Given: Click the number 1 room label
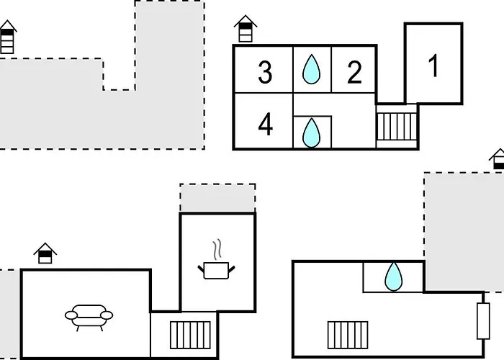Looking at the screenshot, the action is [433, 66].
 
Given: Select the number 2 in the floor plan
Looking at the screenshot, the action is [354, 73].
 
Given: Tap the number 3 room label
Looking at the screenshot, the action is [265, 73].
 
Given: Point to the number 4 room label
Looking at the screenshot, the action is [266, 124].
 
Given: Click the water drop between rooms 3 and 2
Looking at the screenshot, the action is [311, 69].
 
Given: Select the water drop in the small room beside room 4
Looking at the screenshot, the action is [311, 132].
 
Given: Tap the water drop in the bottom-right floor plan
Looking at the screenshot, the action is [393, 276].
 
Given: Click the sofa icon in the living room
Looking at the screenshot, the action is [89, 318].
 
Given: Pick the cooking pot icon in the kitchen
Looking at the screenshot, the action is [216, 270].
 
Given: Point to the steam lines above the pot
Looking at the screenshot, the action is [217, 249].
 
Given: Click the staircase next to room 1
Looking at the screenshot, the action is [397, 126].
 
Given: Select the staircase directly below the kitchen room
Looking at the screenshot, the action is [190, 335].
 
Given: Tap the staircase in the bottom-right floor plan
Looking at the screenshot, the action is [348, 335].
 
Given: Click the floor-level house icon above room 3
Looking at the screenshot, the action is [246, 29].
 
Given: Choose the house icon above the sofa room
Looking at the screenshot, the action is [45, 253].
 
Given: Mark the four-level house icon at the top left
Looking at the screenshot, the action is [7, 37].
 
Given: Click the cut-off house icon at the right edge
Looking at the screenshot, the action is [497, 159].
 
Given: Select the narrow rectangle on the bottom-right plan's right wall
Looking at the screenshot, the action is [483, 321].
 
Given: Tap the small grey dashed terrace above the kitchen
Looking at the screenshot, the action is [217, 198].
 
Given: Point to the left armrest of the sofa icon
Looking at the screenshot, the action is [71, 315].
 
